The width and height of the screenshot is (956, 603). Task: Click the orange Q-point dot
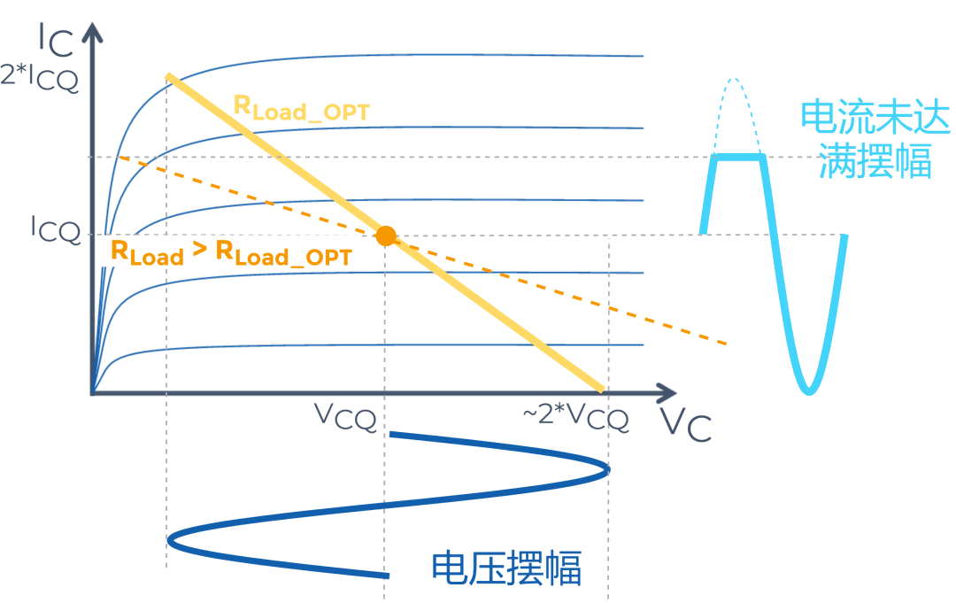(385, 236)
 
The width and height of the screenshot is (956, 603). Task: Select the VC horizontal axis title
(685, 425)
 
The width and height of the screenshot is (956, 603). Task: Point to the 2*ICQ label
(40, 79)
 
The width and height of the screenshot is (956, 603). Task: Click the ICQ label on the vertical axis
(55, 231)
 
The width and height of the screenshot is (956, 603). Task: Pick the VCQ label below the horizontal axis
(345, 416)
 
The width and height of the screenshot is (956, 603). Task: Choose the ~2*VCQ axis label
(576, 415)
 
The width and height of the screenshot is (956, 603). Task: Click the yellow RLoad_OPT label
(301, 107)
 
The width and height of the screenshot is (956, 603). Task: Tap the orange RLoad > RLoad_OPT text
(230, 253)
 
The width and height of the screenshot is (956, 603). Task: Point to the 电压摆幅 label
(506, 568)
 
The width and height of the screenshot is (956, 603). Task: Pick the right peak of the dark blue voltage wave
(607, 470)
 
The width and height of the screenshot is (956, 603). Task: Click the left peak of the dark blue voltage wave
(169, 537)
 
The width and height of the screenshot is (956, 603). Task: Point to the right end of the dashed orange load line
(726, 343)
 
